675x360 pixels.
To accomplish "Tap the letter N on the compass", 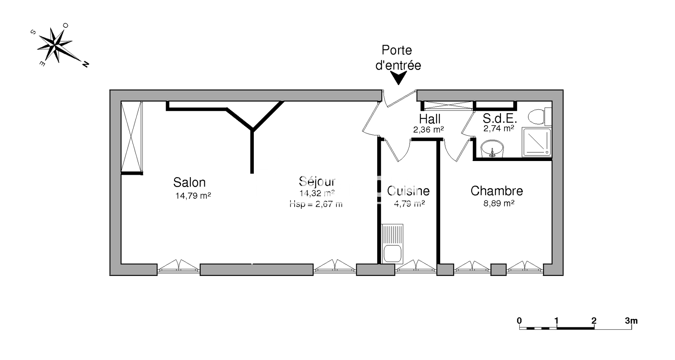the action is [x=85, y=64].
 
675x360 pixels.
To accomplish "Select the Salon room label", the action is [x=189, y=182].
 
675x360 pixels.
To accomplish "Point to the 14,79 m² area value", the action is [x=193, y=196].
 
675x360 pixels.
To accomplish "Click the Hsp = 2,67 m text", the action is [x=316, y=204].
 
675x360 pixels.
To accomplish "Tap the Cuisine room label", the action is [x=408, y=191].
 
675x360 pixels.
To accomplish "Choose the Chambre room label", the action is [x=497, y=191].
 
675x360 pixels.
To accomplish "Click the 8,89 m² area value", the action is [x=499, y=203].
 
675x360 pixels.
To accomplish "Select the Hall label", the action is [x=430, y=119].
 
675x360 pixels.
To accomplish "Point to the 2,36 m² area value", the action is [x=428, y=130].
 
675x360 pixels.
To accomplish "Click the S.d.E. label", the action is [x=500, y=118].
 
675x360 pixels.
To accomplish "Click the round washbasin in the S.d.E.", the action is [x=492, y=149].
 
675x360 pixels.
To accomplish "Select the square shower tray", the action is [x=536, y=142].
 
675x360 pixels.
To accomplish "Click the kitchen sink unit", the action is [x=392, y=244].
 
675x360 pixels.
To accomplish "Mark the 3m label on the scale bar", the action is [x=631, y=321].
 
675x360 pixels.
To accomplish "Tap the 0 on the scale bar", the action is [x=519, y=321].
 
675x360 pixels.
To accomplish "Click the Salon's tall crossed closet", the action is [x=132, y=137].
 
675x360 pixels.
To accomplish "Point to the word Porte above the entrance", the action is [x=397, y=50].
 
